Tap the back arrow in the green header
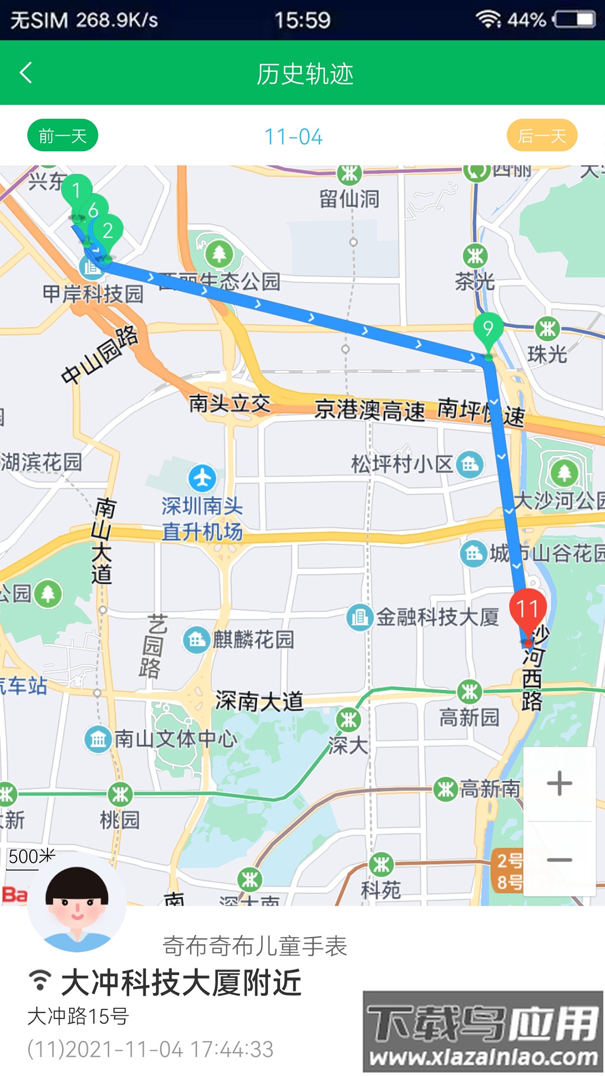[26, 73]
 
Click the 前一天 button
[63, 136]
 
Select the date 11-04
[294, 137]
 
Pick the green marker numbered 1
[76, 191]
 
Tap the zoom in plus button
[559, 783]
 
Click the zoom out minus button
[559, 859]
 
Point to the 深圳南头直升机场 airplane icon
[202, 478]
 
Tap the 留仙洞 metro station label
[350, 198]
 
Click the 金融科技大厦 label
[437, 617]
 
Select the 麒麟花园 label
[253, 639]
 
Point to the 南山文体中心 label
[176, 739]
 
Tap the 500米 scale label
[31, 856]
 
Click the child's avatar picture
[77, 902]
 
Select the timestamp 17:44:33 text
[231, 1049]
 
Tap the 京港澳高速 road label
[370, 410]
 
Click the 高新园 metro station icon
[469, 692]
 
